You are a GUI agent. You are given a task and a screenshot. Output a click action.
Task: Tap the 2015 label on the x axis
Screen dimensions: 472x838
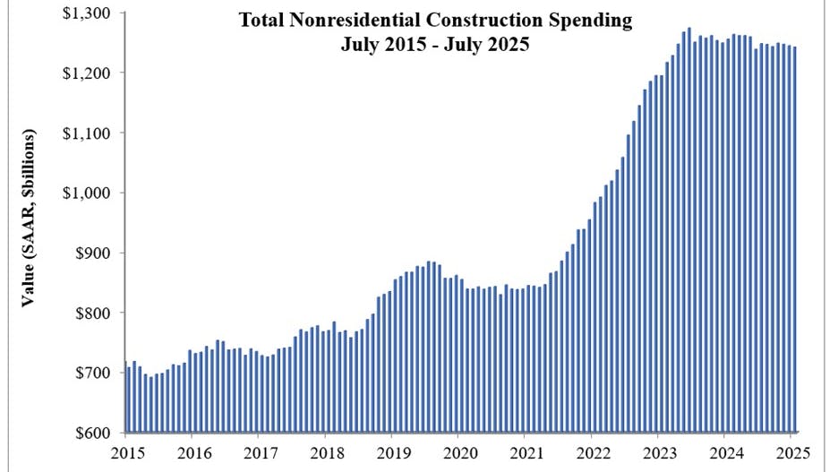click(x=127, y=452)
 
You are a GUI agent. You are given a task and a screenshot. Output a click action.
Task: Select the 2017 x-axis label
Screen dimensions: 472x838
click(x=259, y=452)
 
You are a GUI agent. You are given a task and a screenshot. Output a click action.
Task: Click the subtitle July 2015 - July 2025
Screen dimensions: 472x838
click(x=435, y=45)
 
